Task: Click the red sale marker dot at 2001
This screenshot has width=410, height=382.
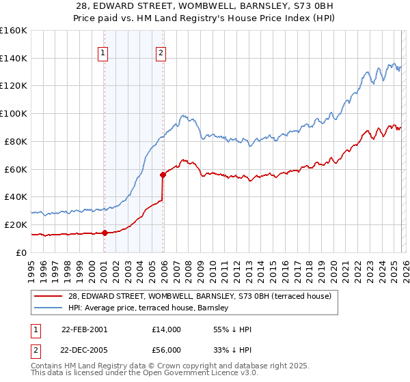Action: [105, 233]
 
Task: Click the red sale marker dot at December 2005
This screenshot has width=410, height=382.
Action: [163, 175]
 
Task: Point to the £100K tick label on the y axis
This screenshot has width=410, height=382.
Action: [13, 113]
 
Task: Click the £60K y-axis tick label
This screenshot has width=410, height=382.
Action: [15, 169]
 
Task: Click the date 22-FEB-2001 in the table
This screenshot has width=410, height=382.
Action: [84, 329]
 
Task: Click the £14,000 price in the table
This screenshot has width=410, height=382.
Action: [167, 329]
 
